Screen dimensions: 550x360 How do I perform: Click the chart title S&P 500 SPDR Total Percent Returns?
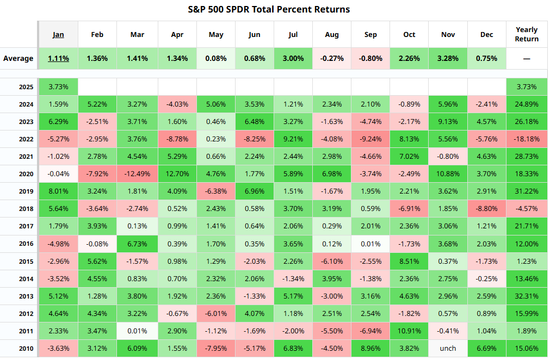[269, 9]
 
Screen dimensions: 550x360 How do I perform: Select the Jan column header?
[58, 34]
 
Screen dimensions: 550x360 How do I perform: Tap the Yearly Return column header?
[527, 34]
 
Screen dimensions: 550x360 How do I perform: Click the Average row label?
[18, 58]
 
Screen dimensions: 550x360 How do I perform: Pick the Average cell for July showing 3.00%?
[293, 58]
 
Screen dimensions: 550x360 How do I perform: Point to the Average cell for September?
[370, 58]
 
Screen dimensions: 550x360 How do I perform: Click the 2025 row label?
[26, 87]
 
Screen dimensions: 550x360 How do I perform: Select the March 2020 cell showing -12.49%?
[137, 174]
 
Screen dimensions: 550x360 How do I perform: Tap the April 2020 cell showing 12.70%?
[177, 174]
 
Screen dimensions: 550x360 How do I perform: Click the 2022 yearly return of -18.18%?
[527, 139]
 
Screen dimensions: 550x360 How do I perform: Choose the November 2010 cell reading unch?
[448, 349]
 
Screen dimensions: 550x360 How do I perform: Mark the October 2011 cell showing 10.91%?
[409, 331]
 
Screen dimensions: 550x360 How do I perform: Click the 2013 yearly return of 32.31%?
[527, 296]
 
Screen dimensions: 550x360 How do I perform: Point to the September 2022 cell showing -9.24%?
[370, 139]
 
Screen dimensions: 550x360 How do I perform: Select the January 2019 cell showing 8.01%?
[58, 191]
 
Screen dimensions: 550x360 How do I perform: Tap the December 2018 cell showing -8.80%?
[486, 209]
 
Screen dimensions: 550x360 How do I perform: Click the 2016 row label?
[26, 244]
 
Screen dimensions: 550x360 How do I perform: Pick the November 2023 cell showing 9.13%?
[448, 122]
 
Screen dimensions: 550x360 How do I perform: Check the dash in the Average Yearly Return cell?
[527, 59]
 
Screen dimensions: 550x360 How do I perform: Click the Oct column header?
[409, 34]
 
